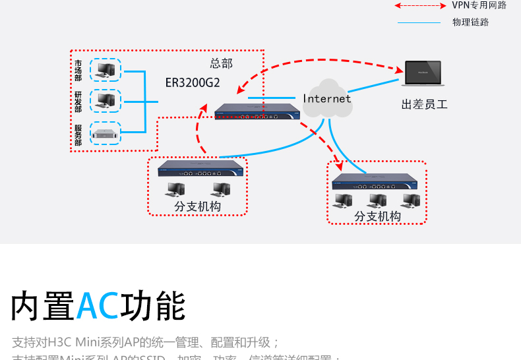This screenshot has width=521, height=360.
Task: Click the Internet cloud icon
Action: (x=327, y=99)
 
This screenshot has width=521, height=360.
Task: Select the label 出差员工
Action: (x=424, y=104)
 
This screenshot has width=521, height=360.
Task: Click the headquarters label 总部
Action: (x=222, y=63)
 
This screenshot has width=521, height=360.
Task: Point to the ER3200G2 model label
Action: (x=193, y=84)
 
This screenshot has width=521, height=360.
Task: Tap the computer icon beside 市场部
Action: (x=106, y=69)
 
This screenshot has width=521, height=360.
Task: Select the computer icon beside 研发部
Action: (x=106, y=100)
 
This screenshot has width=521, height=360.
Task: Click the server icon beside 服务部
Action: (x=106, y=133)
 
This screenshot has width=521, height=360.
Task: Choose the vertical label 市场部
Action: (x=78, y=71)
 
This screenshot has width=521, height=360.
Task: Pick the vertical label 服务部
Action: (x=78, y=135)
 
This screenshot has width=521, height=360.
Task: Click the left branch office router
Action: (x=200, y=168)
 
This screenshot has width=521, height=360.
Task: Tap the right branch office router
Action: (x=375, y=181)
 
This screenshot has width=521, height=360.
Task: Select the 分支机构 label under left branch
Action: (x=198, y=206)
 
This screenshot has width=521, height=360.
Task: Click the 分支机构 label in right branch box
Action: (x=377, y=216)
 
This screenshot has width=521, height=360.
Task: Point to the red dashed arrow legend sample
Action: (x=420, y=5)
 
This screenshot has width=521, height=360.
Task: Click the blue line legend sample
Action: (x=419, y=22)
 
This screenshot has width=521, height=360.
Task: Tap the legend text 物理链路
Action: (x=470, y=22)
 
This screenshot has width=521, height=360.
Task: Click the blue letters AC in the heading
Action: (x=98, y=306)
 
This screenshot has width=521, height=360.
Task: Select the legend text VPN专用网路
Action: (x=479, y=5)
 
